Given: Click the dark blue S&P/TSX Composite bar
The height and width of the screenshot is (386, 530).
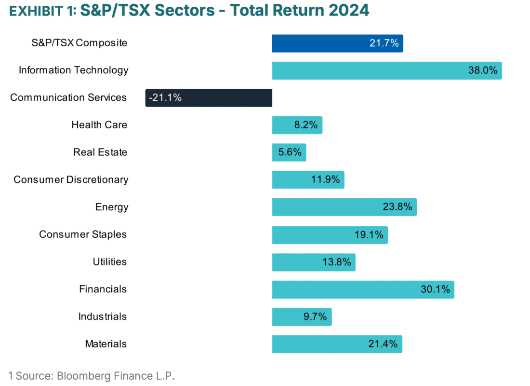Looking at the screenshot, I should pos(337,43).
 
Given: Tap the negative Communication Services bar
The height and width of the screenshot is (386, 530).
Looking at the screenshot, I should pos(209,98).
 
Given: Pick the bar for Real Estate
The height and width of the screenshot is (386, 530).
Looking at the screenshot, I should pos(289,152).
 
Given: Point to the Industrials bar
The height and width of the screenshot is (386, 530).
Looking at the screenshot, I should pos(302,317).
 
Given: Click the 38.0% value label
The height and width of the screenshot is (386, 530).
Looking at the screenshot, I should pos(482,70).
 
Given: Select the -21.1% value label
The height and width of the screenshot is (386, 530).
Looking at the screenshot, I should pos(165,98).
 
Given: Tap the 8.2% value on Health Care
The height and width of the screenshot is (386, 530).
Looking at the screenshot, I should pos(306,125).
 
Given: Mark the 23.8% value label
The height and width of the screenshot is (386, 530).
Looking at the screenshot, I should pos(397,207).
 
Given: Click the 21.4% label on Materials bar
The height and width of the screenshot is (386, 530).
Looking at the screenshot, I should pos(383,344).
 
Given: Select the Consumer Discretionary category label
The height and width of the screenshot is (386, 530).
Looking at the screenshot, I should pos(71,180).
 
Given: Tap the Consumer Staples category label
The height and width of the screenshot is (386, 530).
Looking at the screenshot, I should pos(83,234).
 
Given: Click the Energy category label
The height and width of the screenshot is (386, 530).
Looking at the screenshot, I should pos(112,207).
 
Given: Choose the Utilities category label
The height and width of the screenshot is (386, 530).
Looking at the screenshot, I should pos(110,262).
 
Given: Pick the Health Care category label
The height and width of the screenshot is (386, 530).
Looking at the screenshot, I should pos(99,125).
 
